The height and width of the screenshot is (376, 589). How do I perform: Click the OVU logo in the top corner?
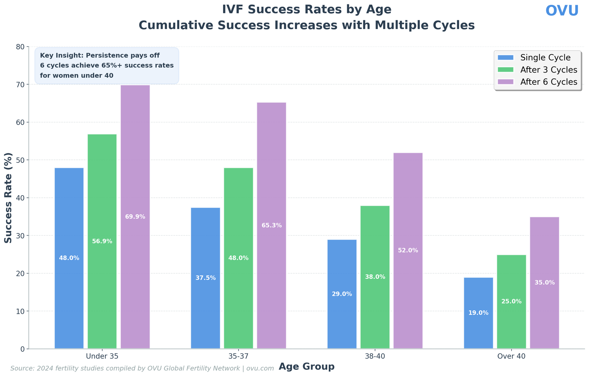[562, 11]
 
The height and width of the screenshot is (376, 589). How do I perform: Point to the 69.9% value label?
[135, 217]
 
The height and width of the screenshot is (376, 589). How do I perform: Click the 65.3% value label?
[272, 225]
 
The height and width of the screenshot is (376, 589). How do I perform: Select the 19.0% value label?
[478, 313]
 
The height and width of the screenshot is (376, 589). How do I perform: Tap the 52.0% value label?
[408, 250]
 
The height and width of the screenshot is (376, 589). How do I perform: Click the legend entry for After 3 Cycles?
[549, 70]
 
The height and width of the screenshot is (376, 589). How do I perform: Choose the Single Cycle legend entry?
[545, 58]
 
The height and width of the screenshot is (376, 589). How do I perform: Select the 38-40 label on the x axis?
[375, 356]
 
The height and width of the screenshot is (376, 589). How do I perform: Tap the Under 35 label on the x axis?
[102, 356]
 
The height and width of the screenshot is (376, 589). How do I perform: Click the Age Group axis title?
[306, 367]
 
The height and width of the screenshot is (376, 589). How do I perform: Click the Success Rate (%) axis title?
[8, 198]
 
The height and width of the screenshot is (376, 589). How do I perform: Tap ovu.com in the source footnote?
[260, 368]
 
